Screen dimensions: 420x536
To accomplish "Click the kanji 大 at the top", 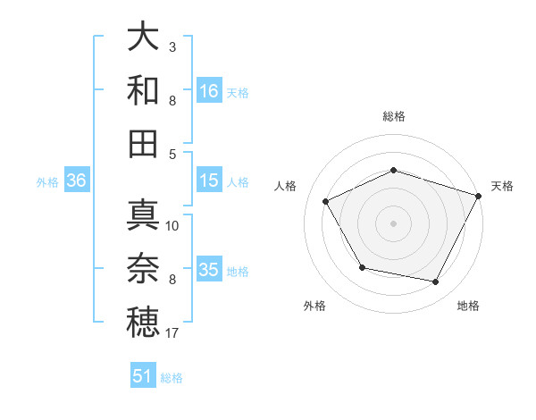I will click(143, 38).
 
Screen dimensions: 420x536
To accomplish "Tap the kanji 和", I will click(143, 90).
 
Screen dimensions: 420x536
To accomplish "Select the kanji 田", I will click(143, 143).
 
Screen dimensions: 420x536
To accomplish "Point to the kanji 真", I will click(143, 215).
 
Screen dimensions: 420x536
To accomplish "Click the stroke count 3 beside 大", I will click(172, 46).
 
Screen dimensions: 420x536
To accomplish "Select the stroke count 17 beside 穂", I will click(172, 333).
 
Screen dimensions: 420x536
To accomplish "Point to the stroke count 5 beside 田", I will click(172, 154).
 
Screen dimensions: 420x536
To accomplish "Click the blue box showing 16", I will click(209, 91).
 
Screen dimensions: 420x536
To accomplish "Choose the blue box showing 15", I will click(209, 181).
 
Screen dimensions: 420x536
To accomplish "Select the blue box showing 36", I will click(76, 181).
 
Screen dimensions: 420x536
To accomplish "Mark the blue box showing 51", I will click(143, 376).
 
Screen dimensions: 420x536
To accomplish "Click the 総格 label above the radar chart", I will click(393, 116).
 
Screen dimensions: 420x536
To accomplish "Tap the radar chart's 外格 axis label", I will click(314, 306).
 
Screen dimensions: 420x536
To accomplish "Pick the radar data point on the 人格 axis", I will click(326, 202).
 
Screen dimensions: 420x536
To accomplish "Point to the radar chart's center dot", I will click(393, 223).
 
